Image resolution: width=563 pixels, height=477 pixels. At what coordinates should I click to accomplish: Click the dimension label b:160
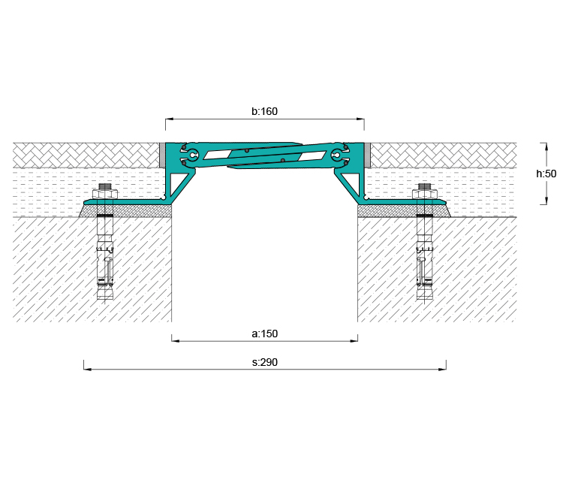coord(265,111)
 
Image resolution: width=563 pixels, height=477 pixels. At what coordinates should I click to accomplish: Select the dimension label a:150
coord(265,334)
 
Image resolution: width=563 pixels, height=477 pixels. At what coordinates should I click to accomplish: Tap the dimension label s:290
coord(265,362)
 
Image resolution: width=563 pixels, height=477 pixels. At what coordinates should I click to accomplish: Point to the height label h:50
coord(546,174)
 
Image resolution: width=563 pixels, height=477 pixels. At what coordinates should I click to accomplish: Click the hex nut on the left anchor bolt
coord(105,195)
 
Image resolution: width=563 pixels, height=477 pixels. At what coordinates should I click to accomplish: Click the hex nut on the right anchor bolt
coord(425,195)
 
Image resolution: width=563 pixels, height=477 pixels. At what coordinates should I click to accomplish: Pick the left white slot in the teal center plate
coord(217,155)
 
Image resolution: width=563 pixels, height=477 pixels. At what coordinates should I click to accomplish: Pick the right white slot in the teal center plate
coord(313,156)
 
